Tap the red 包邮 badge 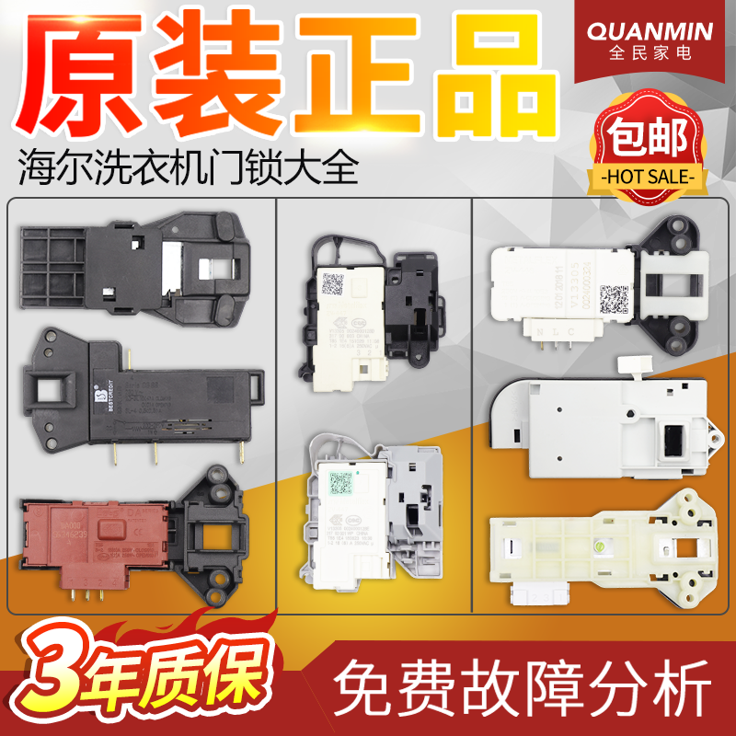click(x=653, y=138)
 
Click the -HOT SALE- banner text click(x=652, y=175)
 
